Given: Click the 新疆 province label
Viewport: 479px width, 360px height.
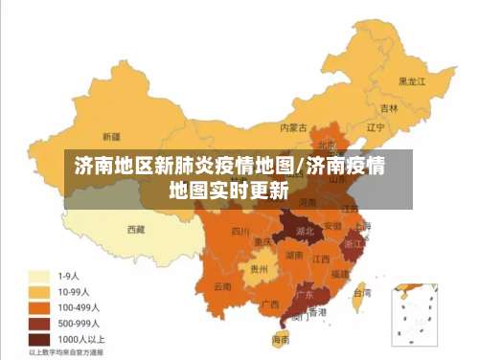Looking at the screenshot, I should click(x=111, y=137).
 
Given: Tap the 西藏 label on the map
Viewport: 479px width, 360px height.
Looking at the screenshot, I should click(x=135, y=229).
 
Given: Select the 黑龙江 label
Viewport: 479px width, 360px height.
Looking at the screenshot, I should click(x=411, y=81).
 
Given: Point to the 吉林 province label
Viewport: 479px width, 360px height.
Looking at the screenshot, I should click(x=388, y=108).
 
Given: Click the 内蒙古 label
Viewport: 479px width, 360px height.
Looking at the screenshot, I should click(x=292, y=126).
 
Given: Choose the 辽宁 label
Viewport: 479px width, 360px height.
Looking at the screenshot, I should click(x=376, y=127).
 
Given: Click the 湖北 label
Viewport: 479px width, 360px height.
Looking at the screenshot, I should click(x=305, y=231).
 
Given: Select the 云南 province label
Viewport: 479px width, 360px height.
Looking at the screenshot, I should click(x=222, y=285).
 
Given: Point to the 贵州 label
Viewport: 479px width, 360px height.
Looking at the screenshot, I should click(x=259, y=269).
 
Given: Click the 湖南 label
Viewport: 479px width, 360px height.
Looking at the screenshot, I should click(x=295, y=255).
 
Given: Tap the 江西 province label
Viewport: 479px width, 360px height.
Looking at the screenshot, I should click(x=322, y=259).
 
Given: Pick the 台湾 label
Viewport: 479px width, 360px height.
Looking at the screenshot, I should click(x=363, y=293).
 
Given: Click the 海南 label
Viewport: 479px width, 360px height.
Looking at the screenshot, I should click(x=281, y=339).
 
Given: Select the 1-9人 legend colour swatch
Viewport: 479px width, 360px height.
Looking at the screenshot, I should click(x=39, y=275).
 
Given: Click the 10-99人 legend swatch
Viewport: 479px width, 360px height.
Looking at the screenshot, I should click(x=39, y=291).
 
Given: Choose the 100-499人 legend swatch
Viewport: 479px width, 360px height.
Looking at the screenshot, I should click(x=39, y=307).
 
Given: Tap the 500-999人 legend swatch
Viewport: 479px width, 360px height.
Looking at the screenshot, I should click(x=39, y=324).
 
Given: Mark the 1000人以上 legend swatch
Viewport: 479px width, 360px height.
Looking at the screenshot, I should click(x=39, y=339).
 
